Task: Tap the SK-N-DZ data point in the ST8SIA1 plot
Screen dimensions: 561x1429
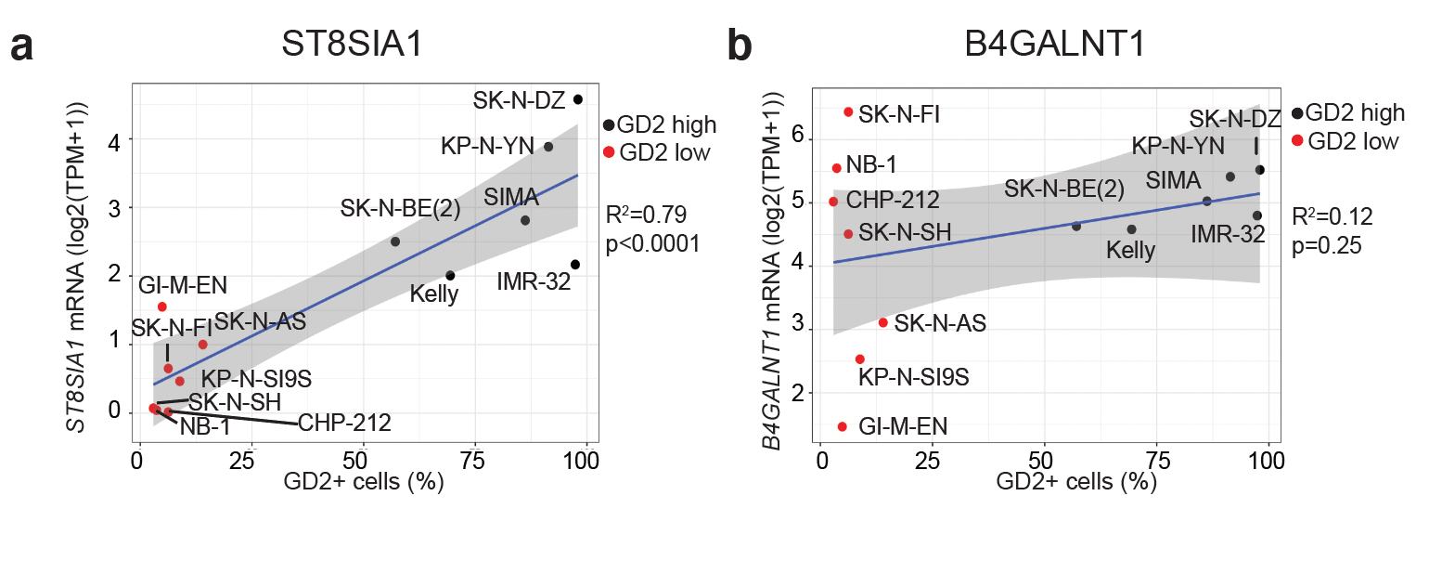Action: tap(578, 99)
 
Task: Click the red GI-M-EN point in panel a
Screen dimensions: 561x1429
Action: tap(161, 307)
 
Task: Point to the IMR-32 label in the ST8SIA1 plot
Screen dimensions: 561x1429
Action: tap(533, 280)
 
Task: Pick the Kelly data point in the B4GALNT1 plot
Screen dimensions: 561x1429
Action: tap(1131, 229)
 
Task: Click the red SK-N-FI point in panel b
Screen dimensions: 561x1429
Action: tap(847, 111)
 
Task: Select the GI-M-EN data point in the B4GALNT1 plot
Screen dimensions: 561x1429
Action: tap(842, 426)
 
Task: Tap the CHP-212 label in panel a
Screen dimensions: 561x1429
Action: tap(344, 423)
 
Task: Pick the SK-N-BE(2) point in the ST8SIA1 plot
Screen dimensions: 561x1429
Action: tap(395, 241)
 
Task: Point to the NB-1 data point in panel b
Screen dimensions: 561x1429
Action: tap(836, 168)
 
